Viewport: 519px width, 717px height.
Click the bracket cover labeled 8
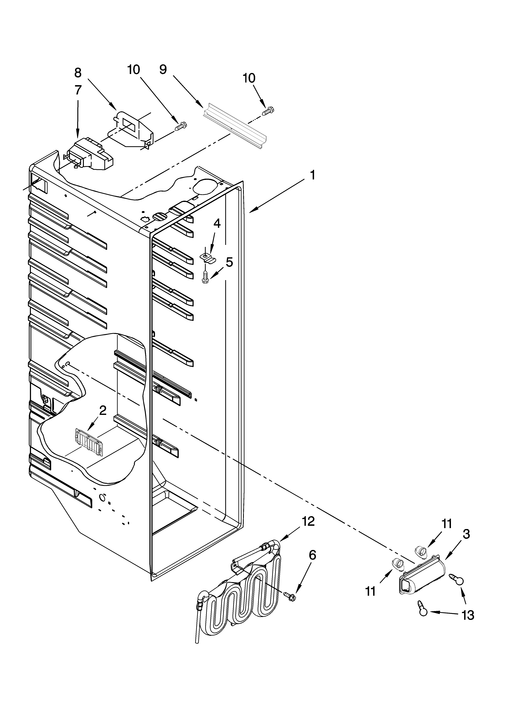[133, 130]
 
